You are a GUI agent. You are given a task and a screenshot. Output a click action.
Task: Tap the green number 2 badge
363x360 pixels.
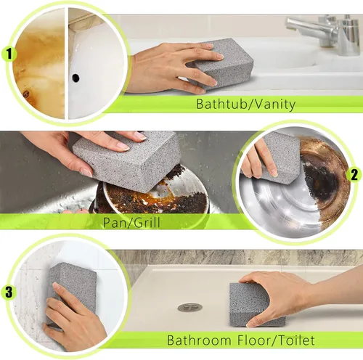(x=354, y=174)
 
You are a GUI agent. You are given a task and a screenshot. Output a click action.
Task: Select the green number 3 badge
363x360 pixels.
(x=9, y=292)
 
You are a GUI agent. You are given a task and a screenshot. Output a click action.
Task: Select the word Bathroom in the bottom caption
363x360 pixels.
(x=197, y=340)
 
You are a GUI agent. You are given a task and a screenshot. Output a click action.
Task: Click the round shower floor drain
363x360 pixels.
(x=189, y=307)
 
